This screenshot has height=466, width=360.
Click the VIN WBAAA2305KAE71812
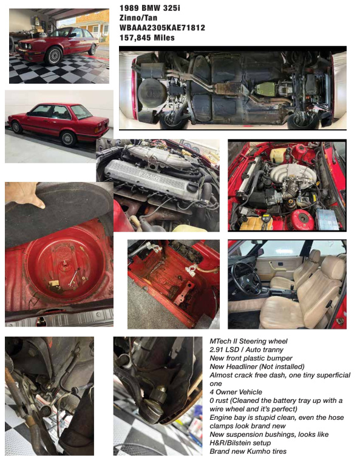click(162, 28)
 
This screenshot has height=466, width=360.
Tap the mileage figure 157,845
click(135, 38)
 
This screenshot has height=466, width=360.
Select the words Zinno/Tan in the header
click(138, 18)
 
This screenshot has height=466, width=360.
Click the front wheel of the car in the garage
click(53, 56)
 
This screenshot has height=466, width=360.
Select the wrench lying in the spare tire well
click(73, 277)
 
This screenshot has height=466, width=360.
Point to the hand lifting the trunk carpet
click(25, 194)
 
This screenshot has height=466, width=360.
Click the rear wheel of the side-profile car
click(68, 138)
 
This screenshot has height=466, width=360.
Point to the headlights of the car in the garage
click(25, 46)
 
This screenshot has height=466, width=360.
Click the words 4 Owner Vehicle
click(236, 392)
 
